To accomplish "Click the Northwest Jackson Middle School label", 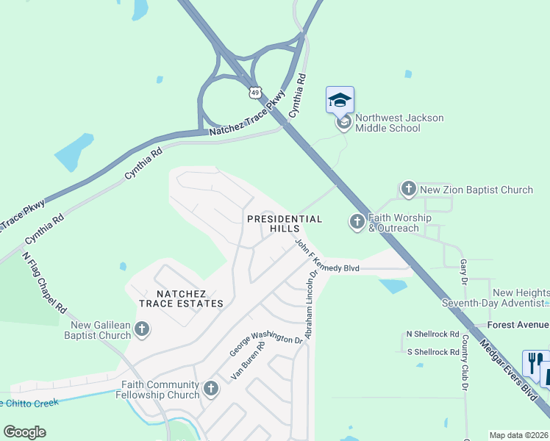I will coord(388,123).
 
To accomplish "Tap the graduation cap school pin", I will coord(340,100).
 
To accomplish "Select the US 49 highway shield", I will coord(254,92).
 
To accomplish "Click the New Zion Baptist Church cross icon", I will coord(408,190).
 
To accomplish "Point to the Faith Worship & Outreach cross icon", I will coord(357,221).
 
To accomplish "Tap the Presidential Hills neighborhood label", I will coord(285,224).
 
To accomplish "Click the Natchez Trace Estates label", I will coord(181,298).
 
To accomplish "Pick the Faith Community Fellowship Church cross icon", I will coord(211,388).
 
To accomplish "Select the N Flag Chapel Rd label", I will coord(44,284).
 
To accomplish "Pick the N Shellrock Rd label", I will coord(433,334).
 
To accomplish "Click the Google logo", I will coord(25,432).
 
